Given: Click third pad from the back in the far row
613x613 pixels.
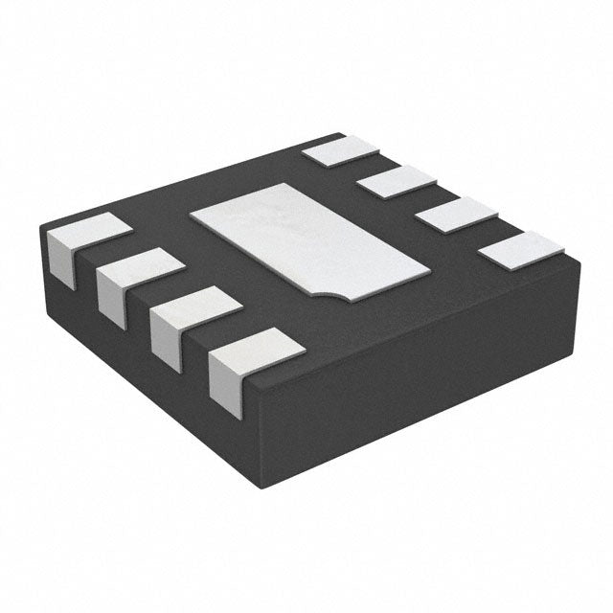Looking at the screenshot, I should [x=451, y=213].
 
